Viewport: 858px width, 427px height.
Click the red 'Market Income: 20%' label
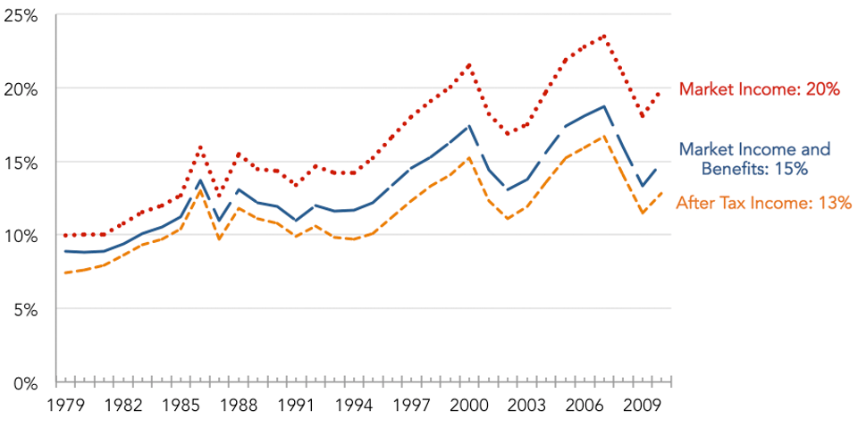click(760, 89)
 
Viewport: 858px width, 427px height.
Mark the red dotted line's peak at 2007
click(605, 36)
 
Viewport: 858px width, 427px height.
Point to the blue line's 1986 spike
click(200, 180)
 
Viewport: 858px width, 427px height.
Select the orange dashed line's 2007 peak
click(605, 137)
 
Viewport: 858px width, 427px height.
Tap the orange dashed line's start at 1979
click(65, 273)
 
